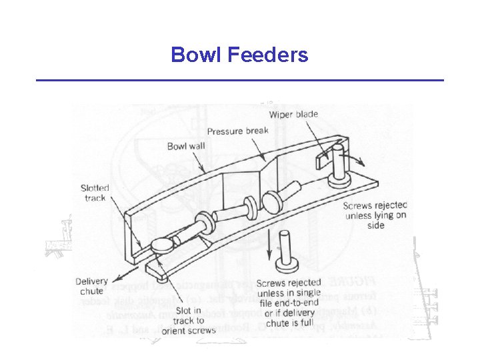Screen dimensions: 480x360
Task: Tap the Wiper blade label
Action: pos(294,115)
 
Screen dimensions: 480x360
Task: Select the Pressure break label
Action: pos(238,130)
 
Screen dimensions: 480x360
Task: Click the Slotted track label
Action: pos(95,193)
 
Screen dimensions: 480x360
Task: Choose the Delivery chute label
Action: pos(91,286)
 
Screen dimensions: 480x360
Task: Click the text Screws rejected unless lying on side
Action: pos(375,215)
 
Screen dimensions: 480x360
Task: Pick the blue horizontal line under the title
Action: pos(239,81)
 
